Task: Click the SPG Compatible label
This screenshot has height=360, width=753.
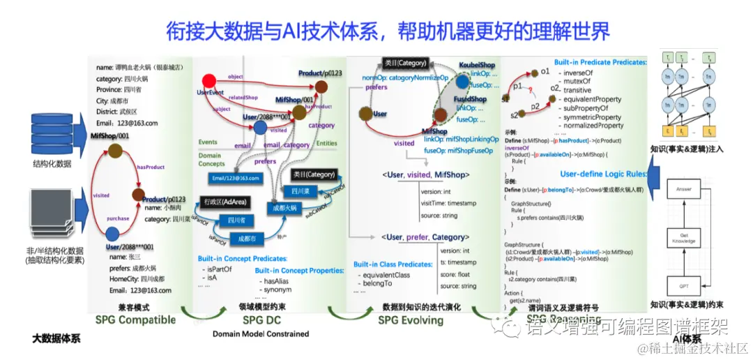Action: click(136, 320)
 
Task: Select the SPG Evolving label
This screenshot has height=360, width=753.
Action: click(411, 320)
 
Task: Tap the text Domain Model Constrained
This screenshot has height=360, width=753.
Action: click(261, 334)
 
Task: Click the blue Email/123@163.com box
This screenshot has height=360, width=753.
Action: click(236, 179)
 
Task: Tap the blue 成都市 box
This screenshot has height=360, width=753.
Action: click(247, 238)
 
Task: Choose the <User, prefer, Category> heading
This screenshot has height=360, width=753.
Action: click(423, 237)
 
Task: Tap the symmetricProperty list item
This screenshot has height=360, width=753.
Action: click(593, 117)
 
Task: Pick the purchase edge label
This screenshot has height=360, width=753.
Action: click(118, 218)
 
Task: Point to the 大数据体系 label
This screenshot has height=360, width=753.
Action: click(56, 338)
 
